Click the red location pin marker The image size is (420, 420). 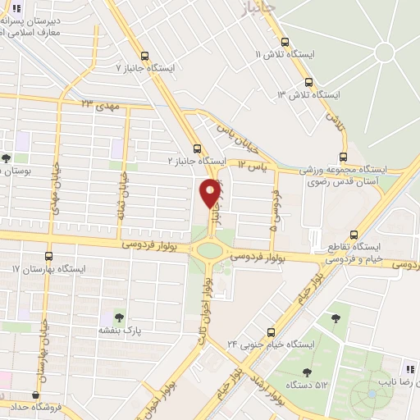click(211, 193)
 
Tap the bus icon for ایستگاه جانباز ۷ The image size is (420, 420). click(145, 56)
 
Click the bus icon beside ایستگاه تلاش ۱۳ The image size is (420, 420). click(309, 82)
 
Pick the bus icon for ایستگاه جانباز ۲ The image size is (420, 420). click(196, 148)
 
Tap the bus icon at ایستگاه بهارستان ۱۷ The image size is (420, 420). click(48, 256)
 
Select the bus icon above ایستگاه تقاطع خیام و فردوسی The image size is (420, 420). click(352, 234)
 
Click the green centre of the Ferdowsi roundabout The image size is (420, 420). click(211, 250)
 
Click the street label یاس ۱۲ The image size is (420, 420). click(254, 166)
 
